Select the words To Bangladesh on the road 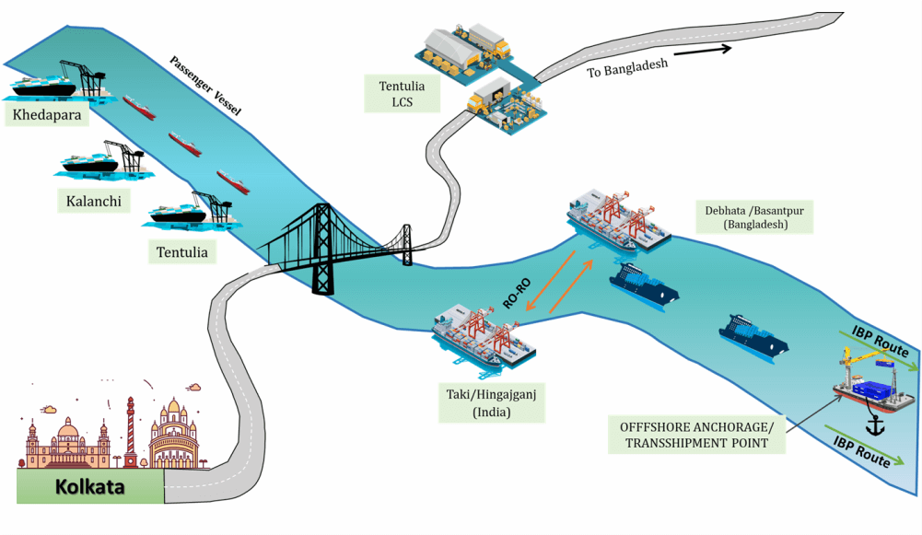pyautogui.click(x=626, y=67)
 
